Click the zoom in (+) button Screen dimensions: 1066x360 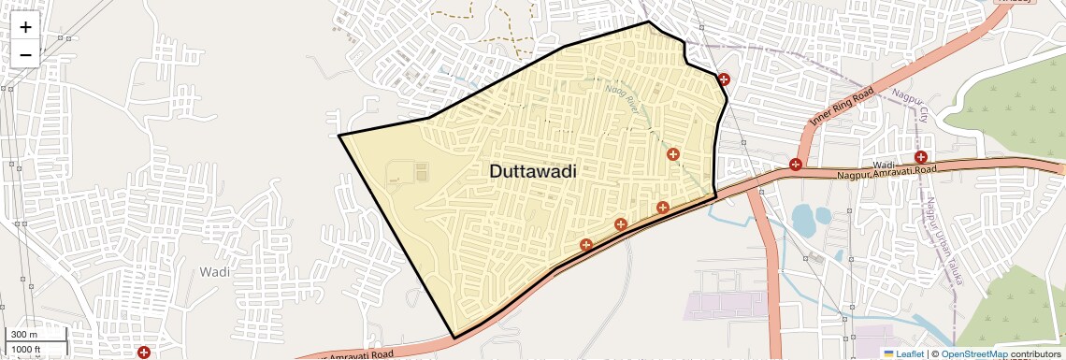pos(25,27)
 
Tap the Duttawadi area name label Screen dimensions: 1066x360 pos(532,172)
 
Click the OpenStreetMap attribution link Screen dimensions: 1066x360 pos(973,354)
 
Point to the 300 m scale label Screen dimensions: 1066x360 pos(22,335)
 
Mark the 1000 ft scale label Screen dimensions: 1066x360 pos(25,349)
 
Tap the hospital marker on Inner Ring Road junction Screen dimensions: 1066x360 pos(795,165)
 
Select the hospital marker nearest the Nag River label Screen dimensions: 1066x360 pos(672,153)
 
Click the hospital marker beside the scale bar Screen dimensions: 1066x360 pos(144,353)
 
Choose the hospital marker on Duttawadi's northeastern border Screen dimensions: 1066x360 pos(723,79)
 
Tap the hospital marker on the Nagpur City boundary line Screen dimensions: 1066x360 pos(921,157)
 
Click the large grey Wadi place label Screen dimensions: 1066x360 pos(214,271)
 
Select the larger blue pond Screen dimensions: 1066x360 pos(804,221)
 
